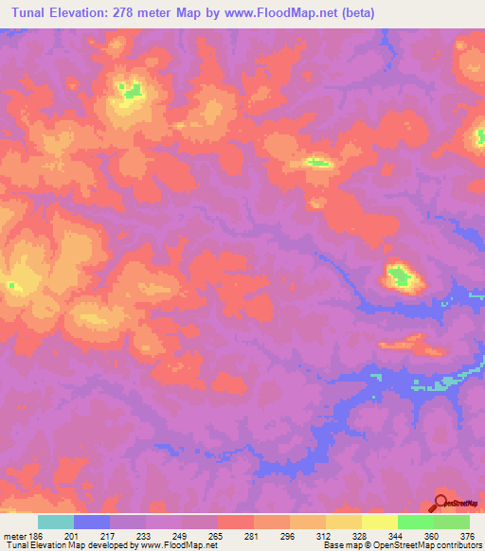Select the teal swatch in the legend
pos(56,522)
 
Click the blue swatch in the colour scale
pos(92,522)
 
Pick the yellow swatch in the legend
pos(380,522)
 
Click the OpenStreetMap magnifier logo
pos(440,503)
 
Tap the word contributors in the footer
pos(458,545)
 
